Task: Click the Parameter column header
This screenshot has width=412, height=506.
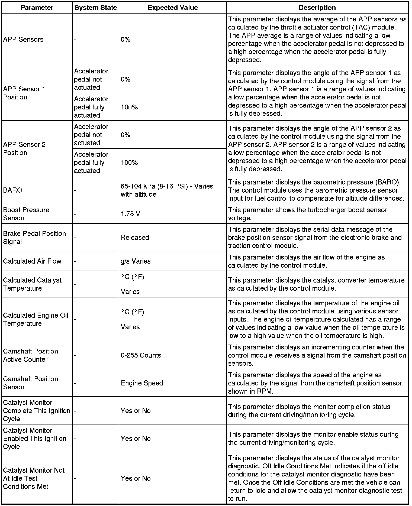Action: click(37, 8)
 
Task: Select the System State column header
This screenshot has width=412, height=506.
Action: click(96, 8)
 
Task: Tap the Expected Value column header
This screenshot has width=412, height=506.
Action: click(173, 8)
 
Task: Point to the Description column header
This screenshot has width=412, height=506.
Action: click(317, 8)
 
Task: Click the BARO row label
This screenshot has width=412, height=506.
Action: click(13, 190)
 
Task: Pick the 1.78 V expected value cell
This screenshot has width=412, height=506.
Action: click(130, 214)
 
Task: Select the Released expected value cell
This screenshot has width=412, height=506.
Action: click(135, 238)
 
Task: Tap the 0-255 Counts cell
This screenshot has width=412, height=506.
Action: click(141, 355)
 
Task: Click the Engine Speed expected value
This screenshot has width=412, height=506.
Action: click(142, 383)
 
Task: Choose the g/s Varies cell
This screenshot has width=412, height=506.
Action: click(136, 261)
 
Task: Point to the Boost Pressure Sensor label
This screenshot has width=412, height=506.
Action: click(26, 214)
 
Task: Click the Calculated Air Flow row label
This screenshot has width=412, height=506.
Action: click(32, 261)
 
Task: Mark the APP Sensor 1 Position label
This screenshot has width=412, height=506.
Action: click(24, 93)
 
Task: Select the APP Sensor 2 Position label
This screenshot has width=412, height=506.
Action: click(24, 148)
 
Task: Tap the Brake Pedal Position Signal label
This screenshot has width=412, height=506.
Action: click(34, 238)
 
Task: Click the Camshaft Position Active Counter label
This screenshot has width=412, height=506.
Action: click(30, 355)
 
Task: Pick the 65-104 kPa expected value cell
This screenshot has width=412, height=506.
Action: click(167, 190)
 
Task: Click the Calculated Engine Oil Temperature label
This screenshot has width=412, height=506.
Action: click(36, 319)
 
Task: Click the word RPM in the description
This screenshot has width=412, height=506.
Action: click(264, 391)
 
